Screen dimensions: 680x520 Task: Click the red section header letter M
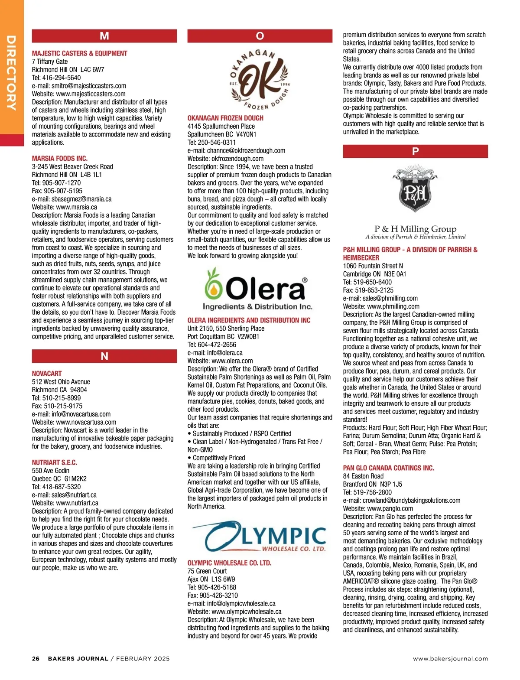coord(104,36)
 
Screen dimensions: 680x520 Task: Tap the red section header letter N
coord(104,356)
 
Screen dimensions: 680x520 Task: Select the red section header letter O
coord(260,36)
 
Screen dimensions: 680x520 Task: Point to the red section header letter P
coord(415,151)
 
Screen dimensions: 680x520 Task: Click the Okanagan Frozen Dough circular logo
coord(260,79)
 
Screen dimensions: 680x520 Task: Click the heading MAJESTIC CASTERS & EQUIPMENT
coord(80,53)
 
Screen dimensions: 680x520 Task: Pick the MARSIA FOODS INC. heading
coord(60,159)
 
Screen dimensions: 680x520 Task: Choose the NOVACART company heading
coord(47,374)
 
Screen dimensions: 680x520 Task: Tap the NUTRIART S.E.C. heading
coord(55,462)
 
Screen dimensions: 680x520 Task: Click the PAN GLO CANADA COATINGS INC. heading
coord(388,468)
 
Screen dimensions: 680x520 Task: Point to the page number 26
coord(36,659)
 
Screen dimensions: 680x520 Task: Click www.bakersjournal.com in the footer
coord(450,659)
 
